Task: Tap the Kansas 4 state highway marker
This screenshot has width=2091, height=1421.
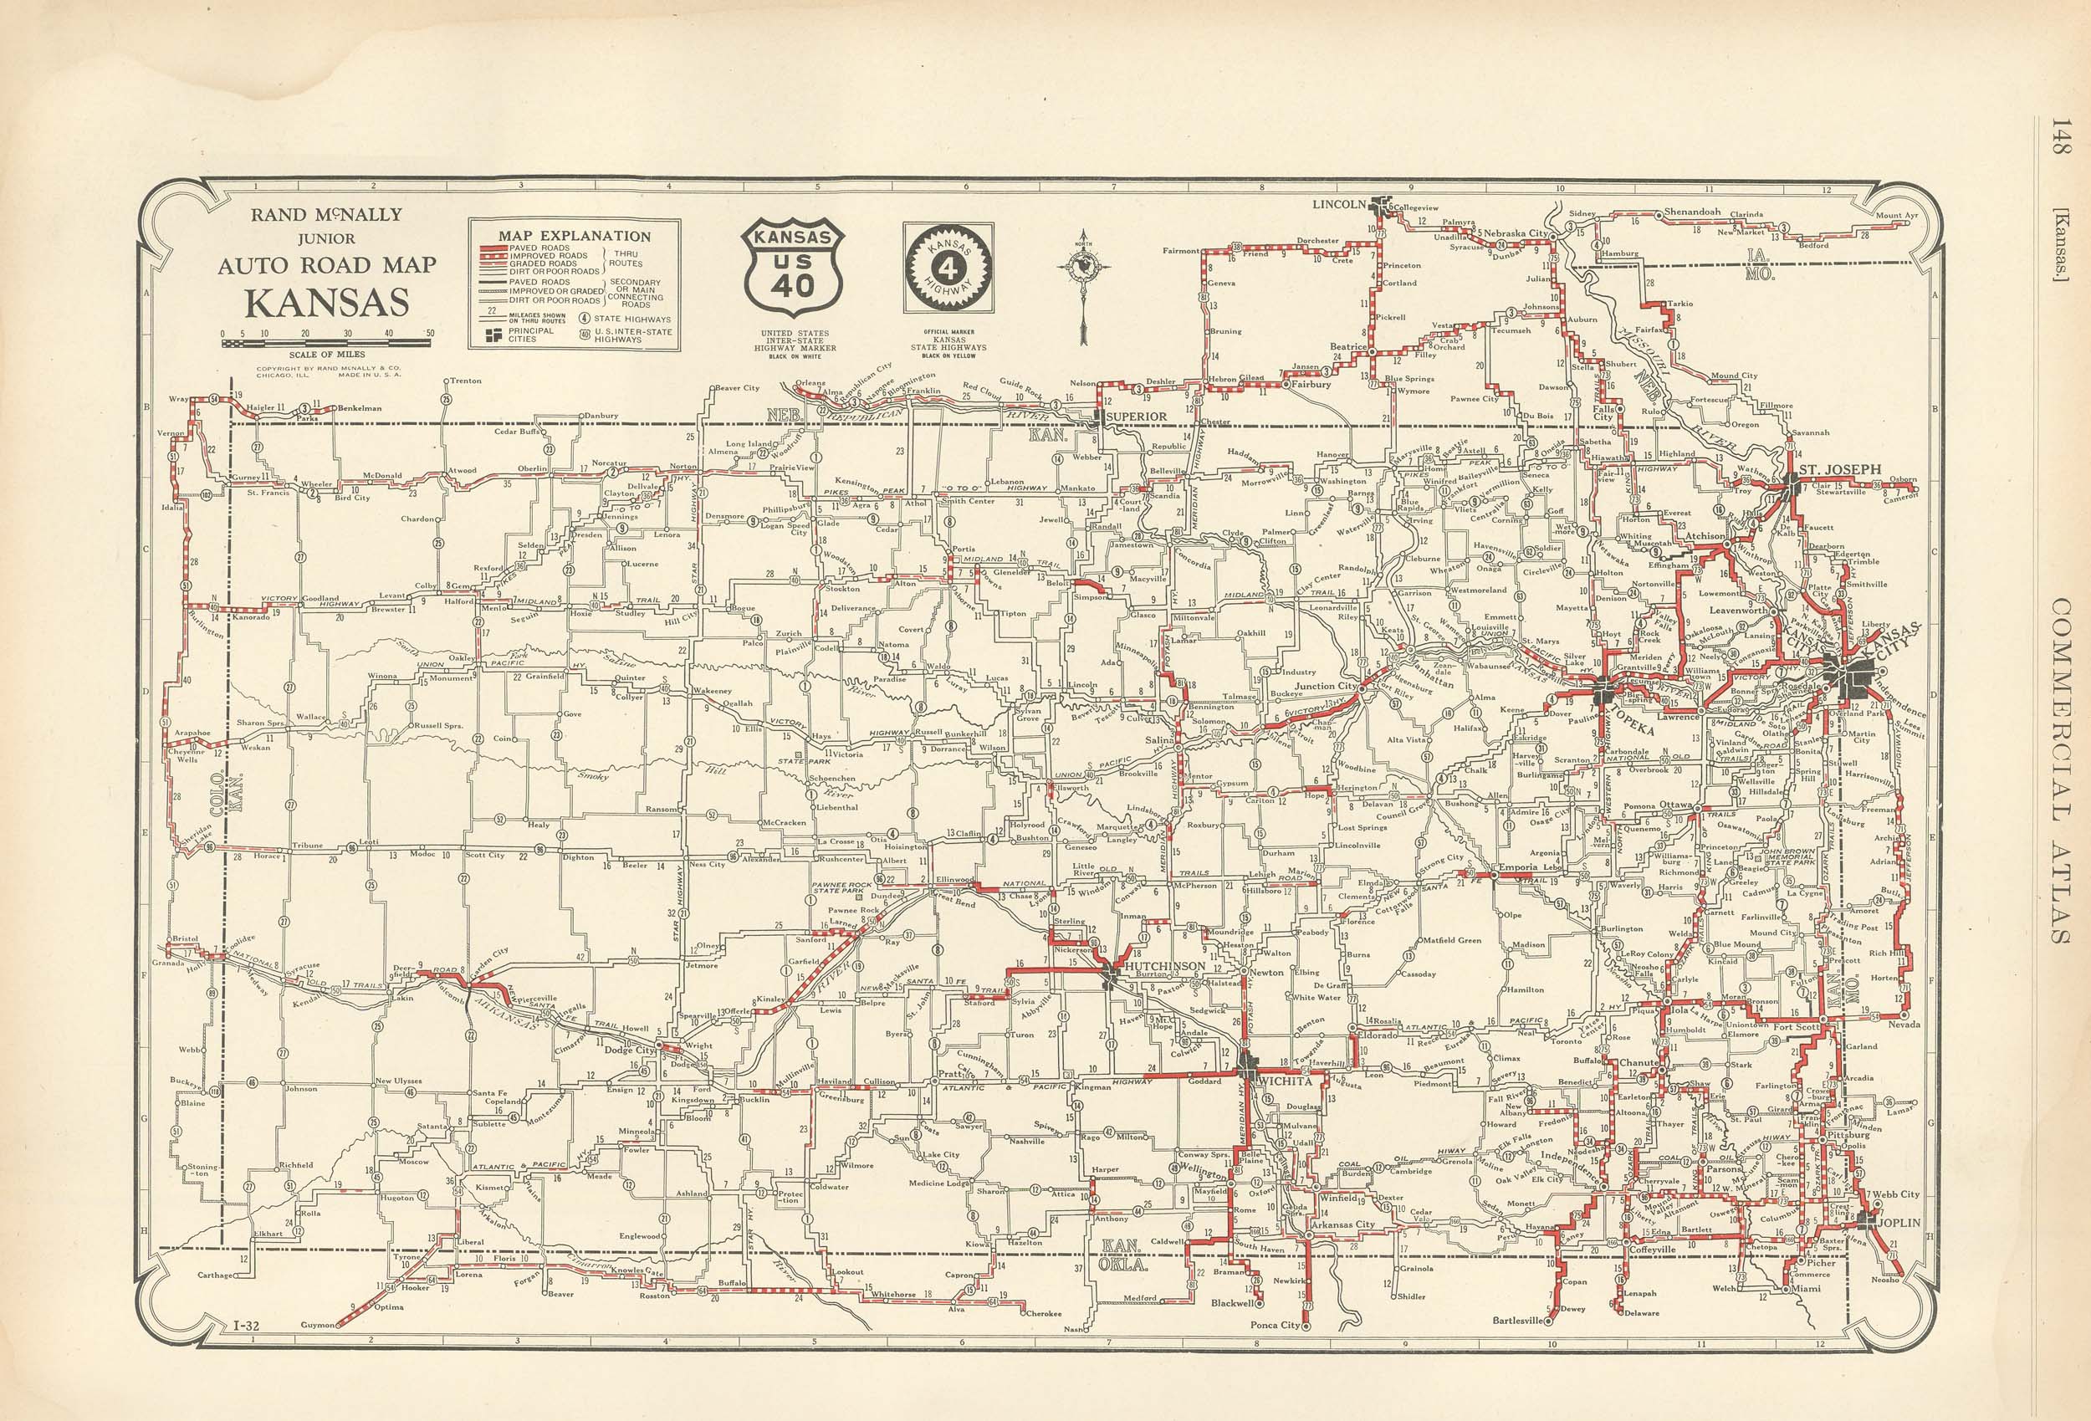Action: point(948,268)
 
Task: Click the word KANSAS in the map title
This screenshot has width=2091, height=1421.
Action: point(328,303)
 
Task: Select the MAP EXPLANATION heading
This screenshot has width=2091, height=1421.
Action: point(574,236)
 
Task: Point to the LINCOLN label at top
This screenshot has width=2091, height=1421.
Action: point(1339,204)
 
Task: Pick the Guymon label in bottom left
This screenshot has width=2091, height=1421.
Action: point(317,1326)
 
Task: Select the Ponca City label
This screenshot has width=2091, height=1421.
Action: point(1275,1326)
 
